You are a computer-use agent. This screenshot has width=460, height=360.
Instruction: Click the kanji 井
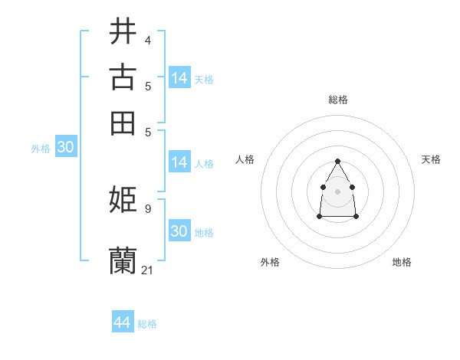[123, 31]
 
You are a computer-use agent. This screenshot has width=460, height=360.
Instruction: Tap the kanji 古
[123, 77]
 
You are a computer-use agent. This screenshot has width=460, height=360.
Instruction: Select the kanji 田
[123, 123]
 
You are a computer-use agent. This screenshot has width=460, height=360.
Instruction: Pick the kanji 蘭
[123, 260]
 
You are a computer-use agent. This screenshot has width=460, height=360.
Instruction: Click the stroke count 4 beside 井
[147, 40]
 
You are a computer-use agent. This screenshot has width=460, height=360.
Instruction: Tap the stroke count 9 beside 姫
[147, 208]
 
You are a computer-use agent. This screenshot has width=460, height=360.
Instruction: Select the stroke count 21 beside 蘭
[148, 270]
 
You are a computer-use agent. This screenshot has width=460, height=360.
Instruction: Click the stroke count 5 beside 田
[147, 131]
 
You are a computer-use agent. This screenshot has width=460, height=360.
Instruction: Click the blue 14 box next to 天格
[179, 77]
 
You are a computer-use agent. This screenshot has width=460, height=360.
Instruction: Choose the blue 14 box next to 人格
[179, 162]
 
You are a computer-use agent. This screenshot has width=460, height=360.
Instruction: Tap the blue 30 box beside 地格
[179, 231]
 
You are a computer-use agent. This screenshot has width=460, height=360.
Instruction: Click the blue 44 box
[123, 322]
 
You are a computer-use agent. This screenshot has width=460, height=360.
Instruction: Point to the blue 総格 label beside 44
[147, 324]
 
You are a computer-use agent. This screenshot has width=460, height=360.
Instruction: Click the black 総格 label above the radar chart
[338, 100]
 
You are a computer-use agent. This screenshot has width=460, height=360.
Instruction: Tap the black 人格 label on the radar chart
[245, 159]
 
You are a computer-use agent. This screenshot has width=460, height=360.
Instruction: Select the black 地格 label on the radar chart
[402, 262]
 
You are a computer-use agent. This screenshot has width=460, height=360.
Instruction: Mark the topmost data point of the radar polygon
[337, 161]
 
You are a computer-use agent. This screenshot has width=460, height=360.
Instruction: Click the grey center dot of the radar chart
[337, 191]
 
